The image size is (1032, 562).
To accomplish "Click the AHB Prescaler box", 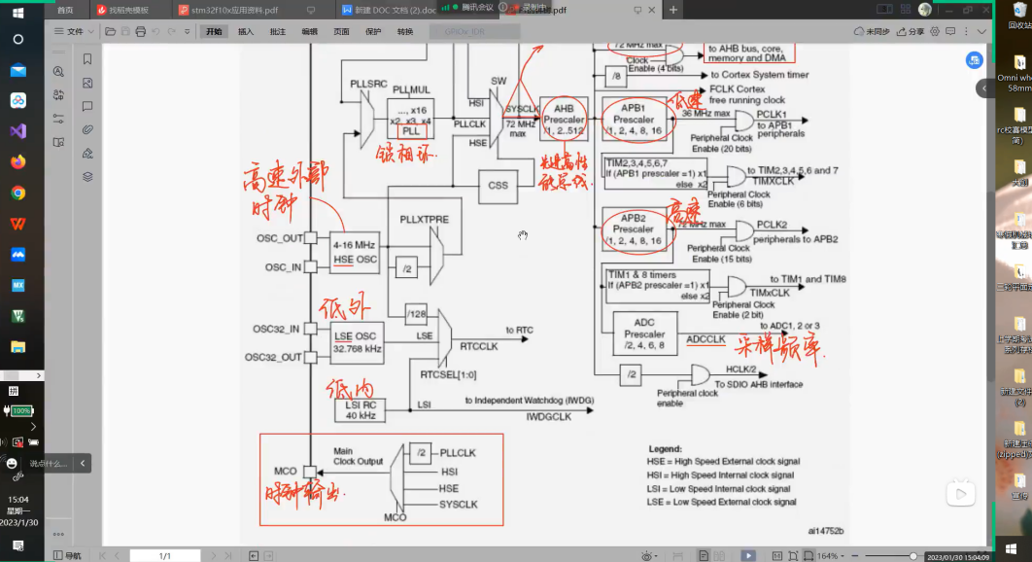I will pos(564,118).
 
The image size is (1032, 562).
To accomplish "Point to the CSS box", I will pos(498,185).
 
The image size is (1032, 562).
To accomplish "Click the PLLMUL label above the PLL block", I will pos(410,89).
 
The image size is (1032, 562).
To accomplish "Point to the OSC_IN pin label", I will pos(284,267).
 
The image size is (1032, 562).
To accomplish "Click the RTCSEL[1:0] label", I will pos(449,374).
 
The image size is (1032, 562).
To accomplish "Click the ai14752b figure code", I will pos(825,531).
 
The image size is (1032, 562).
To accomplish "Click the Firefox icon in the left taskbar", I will pos(17,161).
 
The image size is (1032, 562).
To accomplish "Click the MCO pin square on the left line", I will pos(309,472).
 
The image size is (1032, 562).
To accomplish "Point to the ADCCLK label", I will pos(705,339).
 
